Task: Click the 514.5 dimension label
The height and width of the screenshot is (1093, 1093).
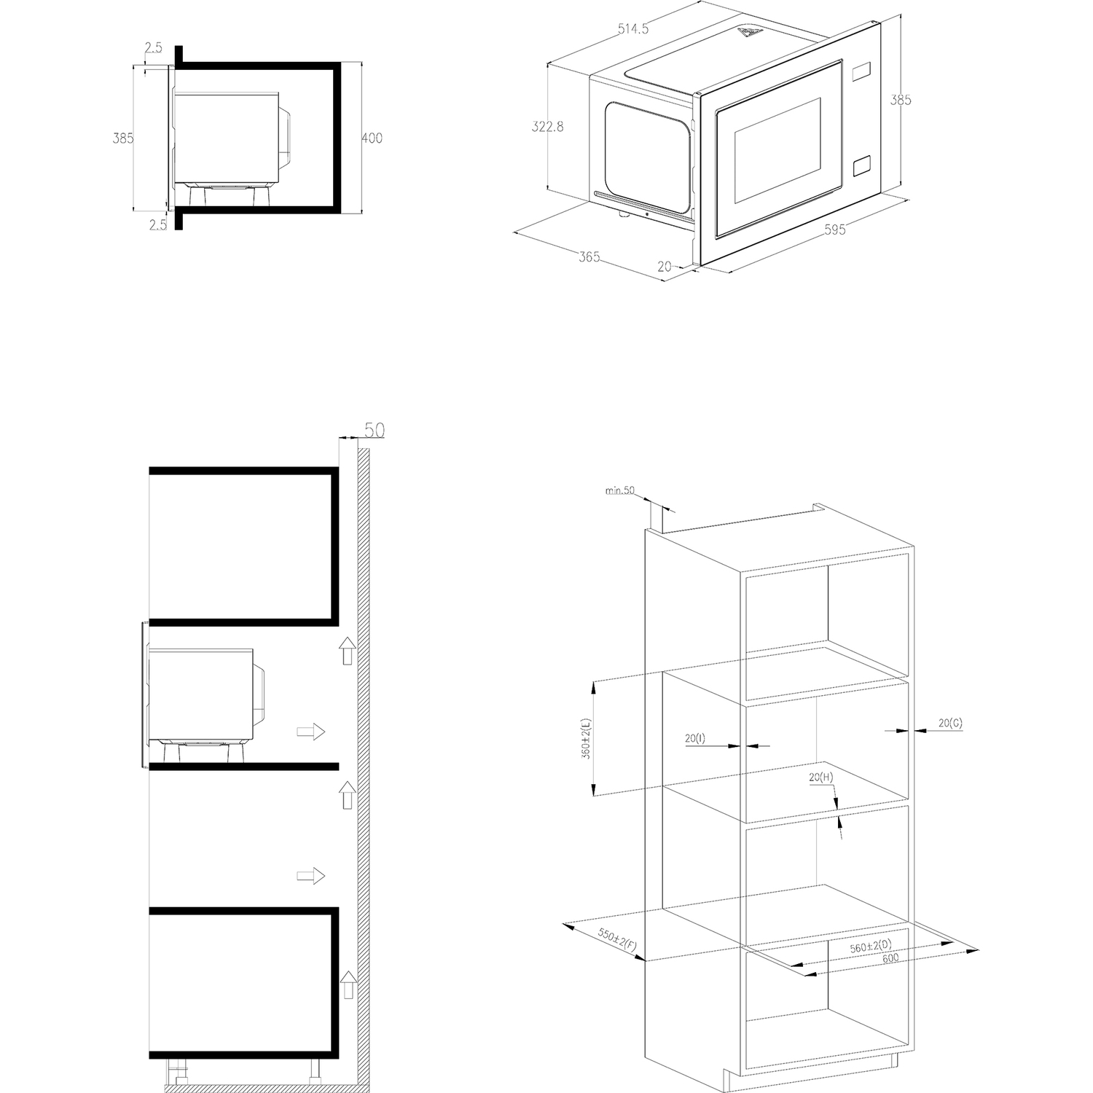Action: pyautogui.click(x=633, y=30)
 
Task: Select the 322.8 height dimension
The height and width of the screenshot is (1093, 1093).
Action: pyautogui.click(x=548, y=127)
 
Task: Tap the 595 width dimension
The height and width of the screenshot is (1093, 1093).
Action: pyautogui.click(x=835, y=230)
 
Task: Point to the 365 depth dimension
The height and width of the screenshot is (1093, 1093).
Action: pyautogui.click(x=589, y=257)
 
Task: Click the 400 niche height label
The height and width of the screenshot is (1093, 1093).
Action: pyautogui.click(x=372, y=138)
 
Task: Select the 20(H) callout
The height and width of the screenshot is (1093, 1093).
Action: pyautogui.click(x=821, y=777)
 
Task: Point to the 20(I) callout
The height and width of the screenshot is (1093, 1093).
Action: pyautogui.click(x=695, y=738)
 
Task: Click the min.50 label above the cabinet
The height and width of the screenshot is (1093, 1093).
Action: pyautogui.click(x=620, y=490)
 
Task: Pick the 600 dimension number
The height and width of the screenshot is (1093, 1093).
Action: pyautogui.click(x=890, y=959)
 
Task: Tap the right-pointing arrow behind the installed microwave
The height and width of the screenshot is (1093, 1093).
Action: pyautogui.click(x=310, y=732)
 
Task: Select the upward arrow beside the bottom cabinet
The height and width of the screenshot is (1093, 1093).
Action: pyautogui.click(x=348, y=984)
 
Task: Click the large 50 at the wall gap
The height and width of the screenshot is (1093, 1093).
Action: pyautogui.click(x=373, y=431)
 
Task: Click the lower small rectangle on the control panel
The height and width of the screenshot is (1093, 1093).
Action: pyautogui.click(x=861, y=165)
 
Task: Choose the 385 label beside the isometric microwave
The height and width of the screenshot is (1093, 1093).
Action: pyautogui.click(x=901, y=101)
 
